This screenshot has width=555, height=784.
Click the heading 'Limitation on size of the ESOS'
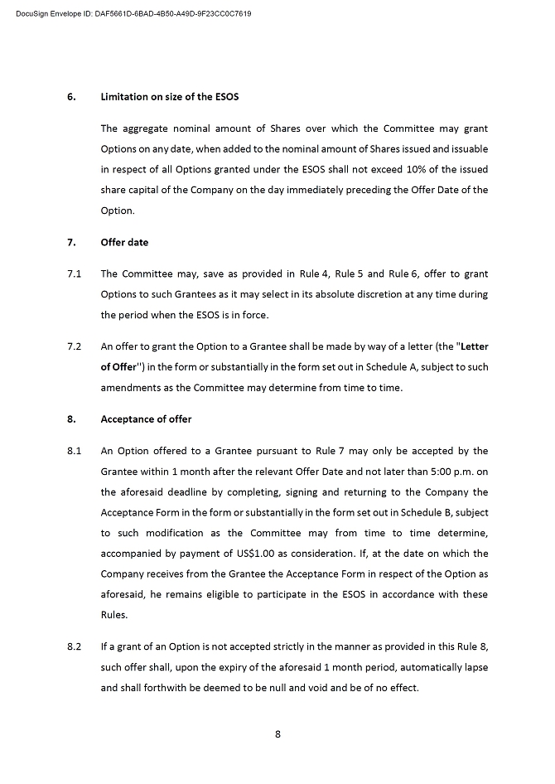click(x=169, y=96)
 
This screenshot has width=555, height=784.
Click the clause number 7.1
click(x=74, y=273)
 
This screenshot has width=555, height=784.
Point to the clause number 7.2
click(x=74, y=346)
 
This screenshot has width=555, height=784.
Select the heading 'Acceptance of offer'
click(x=146, y=419)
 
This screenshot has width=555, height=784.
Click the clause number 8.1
click(x=74, y=451)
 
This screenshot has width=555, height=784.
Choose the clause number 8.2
click(x=74, y=646)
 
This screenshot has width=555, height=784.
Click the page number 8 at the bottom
click(x=277, y=733)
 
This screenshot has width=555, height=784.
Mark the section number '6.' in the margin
click(x=71, y=96)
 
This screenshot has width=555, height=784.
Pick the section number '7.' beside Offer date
click(x=71, y=243)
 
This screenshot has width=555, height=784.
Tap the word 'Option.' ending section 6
click(x=118, y=211)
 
